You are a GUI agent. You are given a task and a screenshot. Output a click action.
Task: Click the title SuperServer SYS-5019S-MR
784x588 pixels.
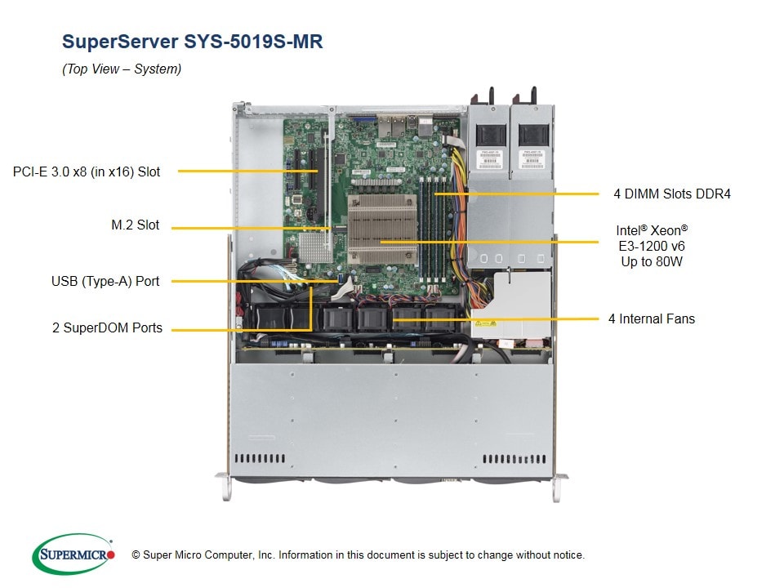coord(192,42)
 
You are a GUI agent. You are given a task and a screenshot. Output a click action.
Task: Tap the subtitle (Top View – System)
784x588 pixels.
coord(122,69)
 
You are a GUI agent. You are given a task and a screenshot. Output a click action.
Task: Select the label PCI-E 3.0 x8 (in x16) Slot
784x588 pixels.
coord(87,171)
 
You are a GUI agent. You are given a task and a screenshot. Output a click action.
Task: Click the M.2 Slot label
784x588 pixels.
coord(136,225)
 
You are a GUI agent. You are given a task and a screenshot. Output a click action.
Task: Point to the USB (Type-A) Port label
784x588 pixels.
coord(105,281)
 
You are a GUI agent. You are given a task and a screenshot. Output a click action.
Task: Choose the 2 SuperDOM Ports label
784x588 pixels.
coord(107,328)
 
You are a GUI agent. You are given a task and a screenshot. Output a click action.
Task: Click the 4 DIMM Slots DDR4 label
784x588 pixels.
coord(672,194)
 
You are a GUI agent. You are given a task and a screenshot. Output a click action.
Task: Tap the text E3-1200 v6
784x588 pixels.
coord(651,246)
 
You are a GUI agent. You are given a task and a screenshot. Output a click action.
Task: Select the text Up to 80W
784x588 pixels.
coord(651,262)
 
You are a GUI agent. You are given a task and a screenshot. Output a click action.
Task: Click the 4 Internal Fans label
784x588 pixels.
coord(651,318)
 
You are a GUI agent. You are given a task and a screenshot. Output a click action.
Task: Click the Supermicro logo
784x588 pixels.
coord(71,555)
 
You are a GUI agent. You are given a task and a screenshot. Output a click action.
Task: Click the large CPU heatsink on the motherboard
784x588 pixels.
coord(381,231)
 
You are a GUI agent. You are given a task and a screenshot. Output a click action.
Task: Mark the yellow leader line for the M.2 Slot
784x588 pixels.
coord(249,227)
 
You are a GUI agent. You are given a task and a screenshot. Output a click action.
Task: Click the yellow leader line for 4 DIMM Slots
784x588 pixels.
coord(523,194)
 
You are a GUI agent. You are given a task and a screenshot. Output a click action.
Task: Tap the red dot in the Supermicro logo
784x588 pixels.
coord(111,555)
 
